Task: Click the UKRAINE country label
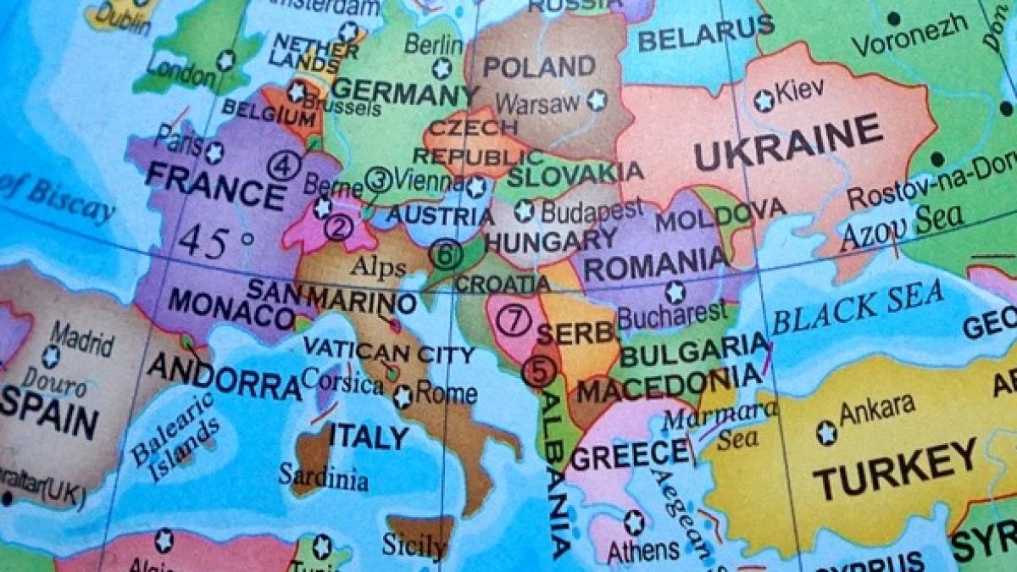(788, 147)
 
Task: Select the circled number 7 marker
(513, 320)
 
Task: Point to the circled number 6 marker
(446, 253)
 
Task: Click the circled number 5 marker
(540, 370)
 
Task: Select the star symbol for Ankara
(826, 433)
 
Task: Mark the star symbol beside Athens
(634, 522)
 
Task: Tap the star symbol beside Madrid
(51, 356)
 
